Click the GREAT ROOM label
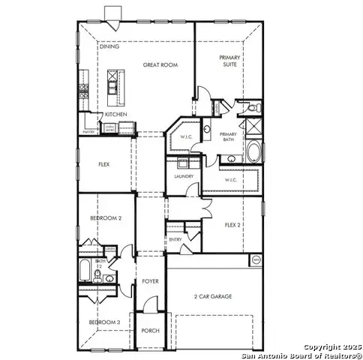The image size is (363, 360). tap(159, 65)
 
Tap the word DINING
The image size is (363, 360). tap(109, 46)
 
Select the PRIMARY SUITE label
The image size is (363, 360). tap(229, 61)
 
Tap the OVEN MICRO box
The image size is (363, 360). tap(109, 128)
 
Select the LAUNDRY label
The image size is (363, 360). tap(184, 176)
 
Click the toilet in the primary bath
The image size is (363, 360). tap(252, 109)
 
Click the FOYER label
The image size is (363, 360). tap(150, 281)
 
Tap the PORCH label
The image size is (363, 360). tap(150, 330)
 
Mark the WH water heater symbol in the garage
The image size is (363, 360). tap(255, 260)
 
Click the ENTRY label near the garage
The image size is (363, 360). tap(175, 239)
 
